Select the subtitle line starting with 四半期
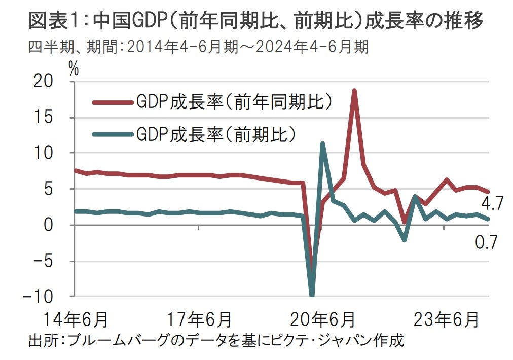[x=198, y=48]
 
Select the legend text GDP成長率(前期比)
[x=215, y=134]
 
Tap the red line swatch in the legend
[x=112, y=102]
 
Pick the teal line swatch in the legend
[x=112, y=135]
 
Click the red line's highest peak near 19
[x=354, y=91]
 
